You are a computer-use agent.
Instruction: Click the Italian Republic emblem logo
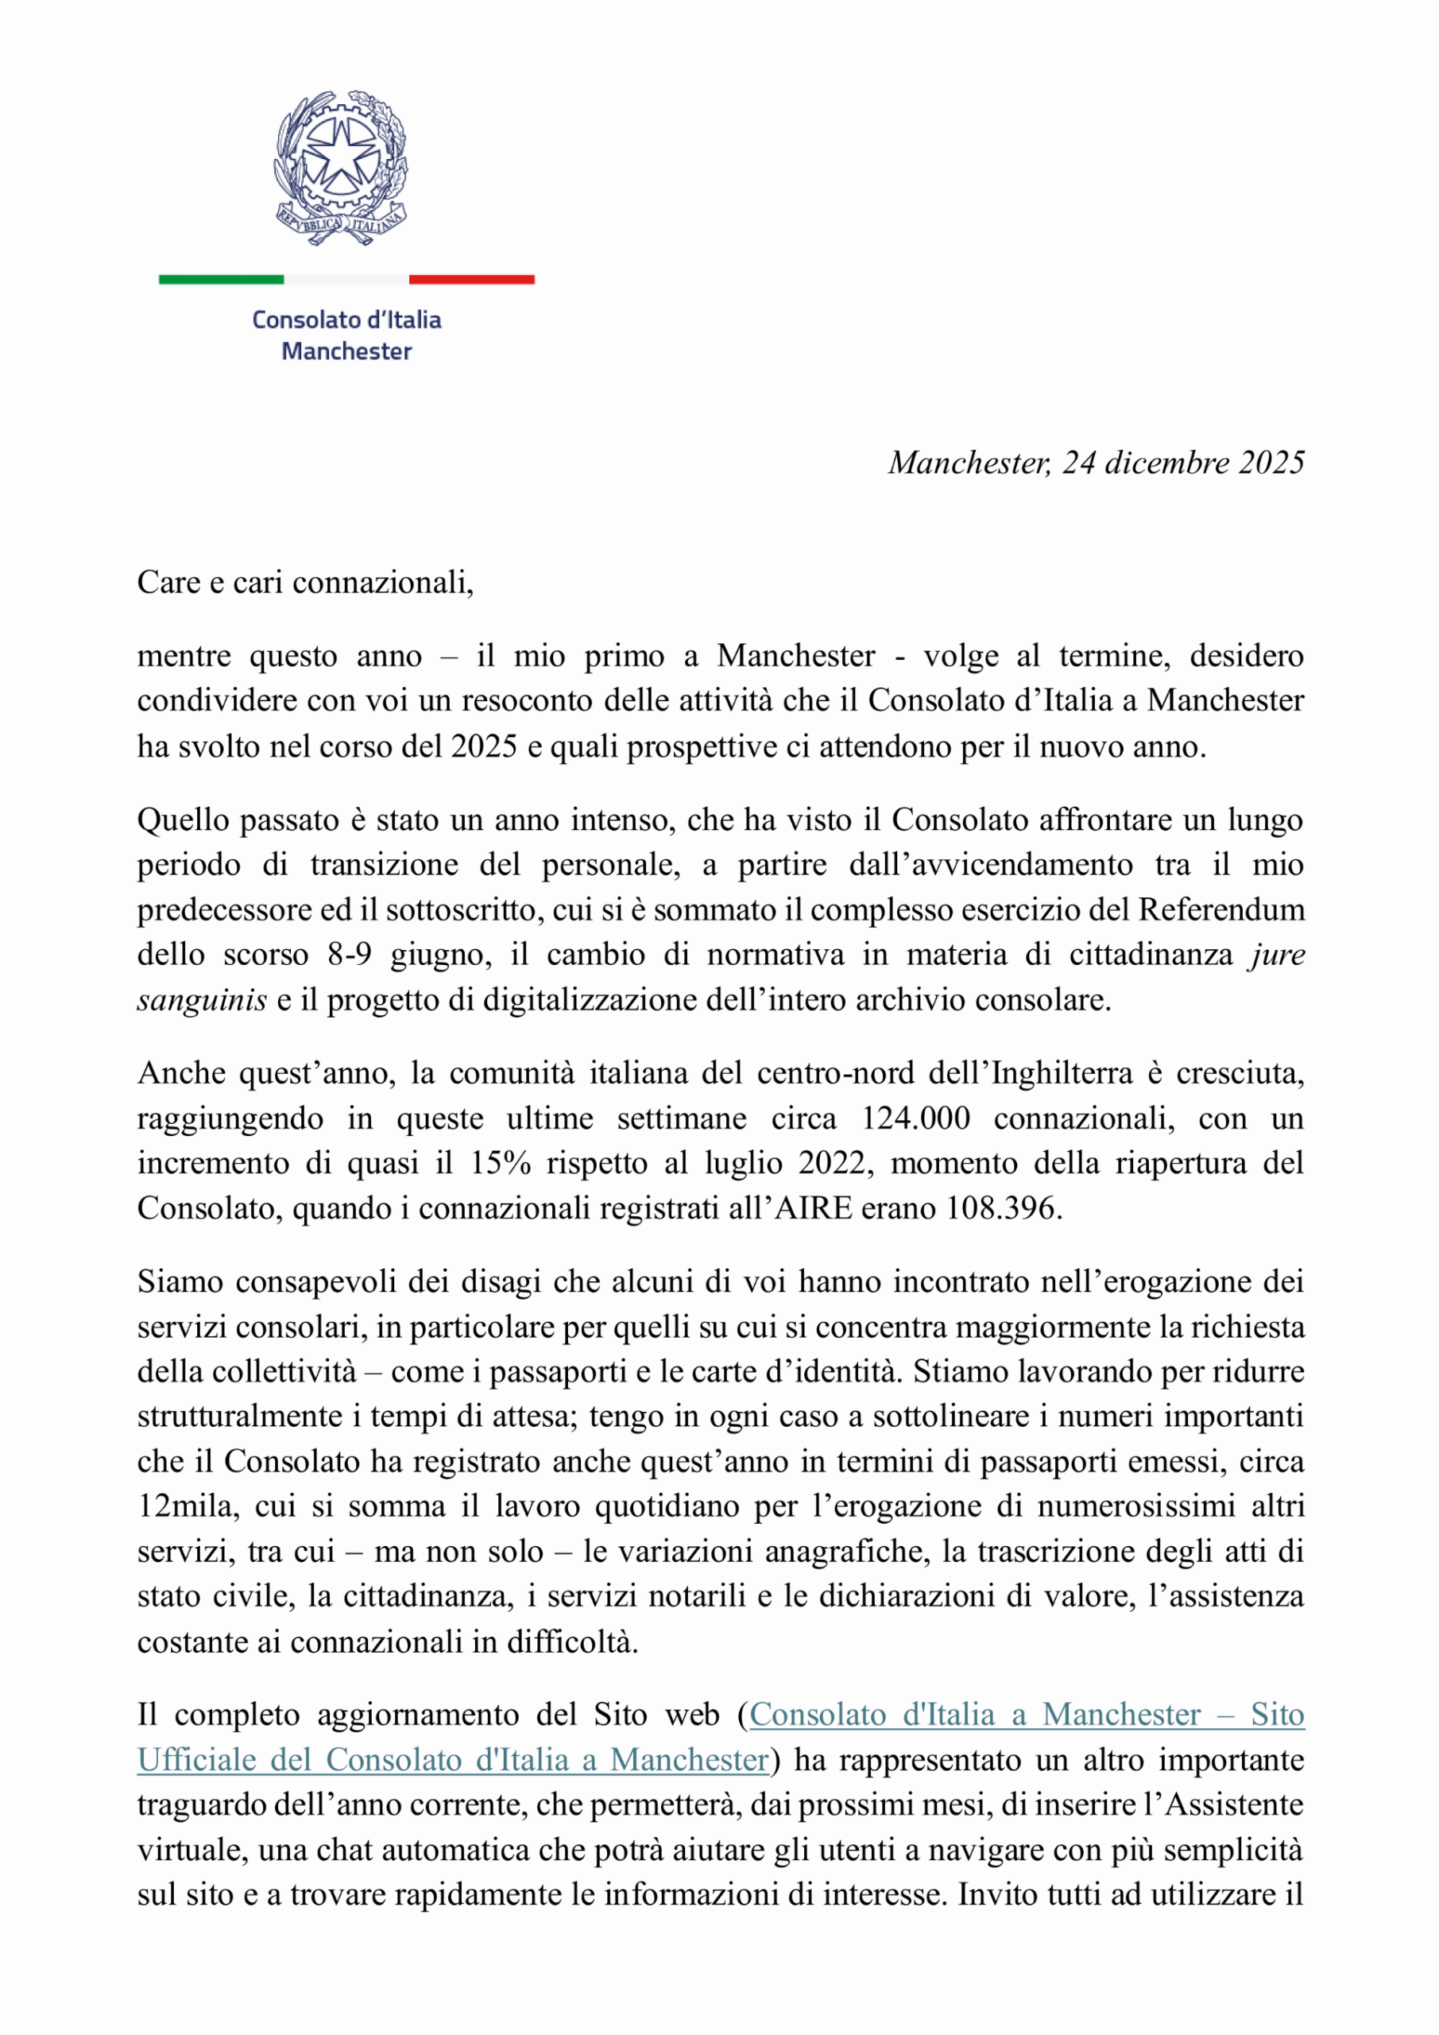coord(341,168)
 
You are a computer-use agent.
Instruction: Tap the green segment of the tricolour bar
coord(221,279)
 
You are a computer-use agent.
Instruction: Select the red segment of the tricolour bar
coord(471,279)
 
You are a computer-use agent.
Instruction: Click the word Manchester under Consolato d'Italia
coord(346,352)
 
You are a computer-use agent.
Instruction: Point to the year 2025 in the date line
coord(1271,463)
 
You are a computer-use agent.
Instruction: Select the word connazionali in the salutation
coord(383,583)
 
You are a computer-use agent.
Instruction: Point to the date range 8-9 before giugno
coord(349,955)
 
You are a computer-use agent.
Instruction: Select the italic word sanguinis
coord(202,1000)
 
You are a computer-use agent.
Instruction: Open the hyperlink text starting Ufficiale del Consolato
coord(453,1759)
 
